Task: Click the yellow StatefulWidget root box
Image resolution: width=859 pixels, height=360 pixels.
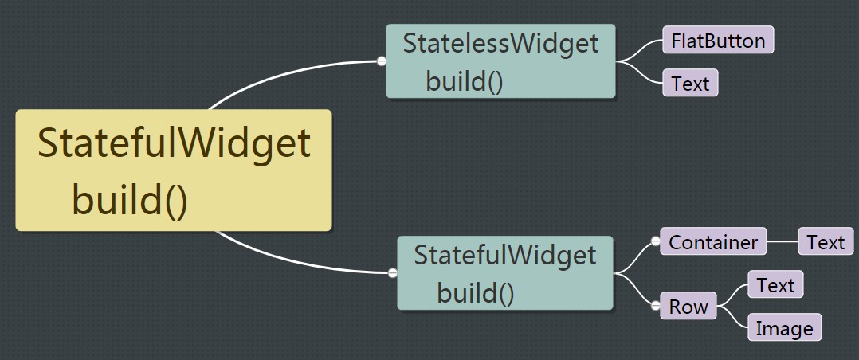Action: coord(173,170)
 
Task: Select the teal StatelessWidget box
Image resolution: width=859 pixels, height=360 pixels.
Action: coord(500,61)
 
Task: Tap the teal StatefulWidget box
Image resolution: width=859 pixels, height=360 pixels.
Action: coord(505,272)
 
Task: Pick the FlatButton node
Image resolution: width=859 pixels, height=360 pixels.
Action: coord(718,41)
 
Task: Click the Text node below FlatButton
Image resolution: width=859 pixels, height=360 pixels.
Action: coord(690,83)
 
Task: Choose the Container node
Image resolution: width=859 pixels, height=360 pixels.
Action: coord(713,242)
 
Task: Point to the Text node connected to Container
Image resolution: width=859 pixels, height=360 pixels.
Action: coord(825,242)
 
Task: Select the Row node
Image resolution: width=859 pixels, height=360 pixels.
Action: coord(688,307)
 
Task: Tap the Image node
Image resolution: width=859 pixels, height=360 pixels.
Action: coord(784,328)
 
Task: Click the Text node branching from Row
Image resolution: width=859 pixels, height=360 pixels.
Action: coord(775,285)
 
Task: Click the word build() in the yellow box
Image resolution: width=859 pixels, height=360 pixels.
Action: coord(130,199)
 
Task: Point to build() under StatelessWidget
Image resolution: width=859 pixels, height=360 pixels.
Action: coord(465,81)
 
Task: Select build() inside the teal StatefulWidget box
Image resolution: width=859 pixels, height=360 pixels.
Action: coord(476,293)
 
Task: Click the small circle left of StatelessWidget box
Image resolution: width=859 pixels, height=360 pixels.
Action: coord(382,61)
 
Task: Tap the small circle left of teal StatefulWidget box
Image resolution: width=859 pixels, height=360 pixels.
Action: coord(392,273)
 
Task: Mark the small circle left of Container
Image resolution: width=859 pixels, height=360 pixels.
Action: coord(656,241)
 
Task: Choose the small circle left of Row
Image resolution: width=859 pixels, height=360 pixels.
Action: coord(656,306)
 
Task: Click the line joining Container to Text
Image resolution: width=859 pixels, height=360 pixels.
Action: coord(783,241)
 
